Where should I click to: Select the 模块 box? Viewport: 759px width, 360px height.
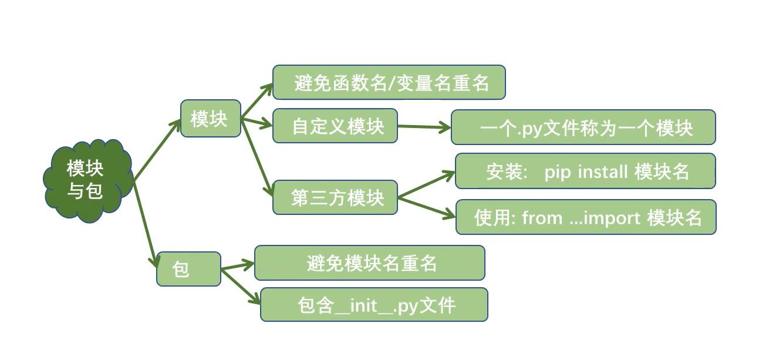(210, 119)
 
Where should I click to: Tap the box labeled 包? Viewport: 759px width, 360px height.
(188, 269)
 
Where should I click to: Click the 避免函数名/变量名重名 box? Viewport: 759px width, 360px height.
(389, 82)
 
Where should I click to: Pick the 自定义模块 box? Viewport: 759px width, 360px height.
(335, 126)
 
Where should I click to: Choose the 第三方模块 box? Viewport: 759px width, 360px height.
(335, 197)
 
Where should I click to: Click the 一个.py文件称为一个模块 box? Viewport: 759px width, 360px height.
(583, 127)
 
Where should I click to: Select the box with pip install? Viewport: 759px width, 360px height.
(585, 171)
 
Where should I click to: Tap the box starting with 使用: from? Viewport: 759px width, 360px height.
(586, 218)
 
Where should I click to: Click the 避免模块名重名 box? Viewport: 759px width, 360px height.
(369, 263)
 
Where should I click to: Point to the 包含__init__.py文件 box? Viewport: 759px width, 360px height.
(374, 305)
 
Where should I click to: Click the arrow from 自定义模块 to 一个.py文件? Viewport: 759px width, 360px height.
(424, 126)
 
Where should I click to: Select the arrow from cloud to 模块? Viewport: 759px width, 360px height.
(157, 150)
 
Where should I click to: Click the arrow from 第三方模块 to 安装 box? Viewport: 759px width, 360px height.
(426, 184)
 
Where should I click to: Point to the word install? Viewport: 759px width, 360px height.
(603, 171)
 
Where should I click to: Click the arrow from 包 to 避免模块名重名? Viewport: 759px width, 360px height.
(238, 267)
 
